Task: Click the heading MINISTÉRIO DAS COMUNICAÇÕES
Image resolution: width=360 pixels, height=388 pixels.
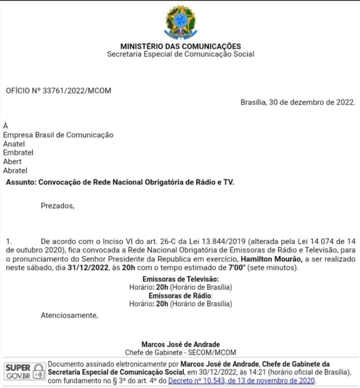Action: [x=180, y=46]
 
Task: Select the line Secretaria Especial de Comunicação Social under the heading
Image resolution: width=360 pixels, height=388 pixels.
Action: [x=180, y=54]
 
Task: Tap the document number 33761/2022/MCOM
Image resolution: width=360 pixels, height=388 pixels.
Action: [x=74, y=91]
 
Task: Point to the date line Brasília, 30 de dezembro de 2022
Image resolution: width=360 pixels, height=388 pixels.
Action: [x=298, y=102]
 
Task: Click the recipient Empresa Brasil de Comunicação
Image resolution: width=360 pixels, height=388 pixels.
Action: [x=58, y=135]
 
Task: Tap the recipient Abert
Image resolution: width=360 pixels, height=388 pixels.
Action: [x=12, y=161]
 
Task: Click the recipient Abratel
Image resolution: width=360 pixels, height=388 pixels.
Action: [x=15, y=170]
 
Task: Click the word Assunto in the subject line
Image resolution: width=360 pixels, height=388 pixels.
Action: [x=21, y=182]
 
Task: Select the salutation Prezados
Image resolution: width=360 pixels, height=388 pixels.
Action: [x=58, y=206]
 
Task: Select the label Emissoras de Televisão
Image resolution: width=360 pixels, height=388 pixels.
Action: [x=180, y=279]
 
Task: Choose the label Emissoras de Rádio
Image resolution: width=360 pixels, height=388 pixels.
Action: [x=180, y=296]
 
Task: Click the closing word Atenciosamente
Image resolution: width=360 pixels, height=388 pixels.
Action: [x=69, y=315]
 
